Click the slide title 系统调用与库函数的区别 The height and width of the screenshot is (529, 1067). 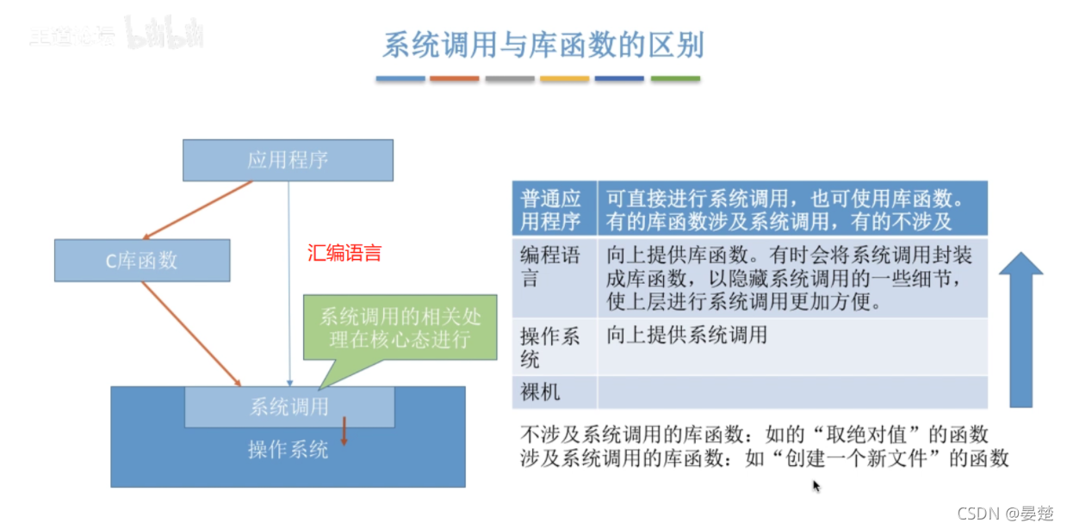(x=543, y=45)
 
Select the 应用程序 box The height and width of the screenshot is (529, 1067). (x=288, y=160)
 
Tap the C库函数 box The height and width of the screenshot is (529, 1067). (x=142, y=261)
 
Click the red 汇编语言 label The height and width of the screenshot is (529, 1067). (x=344, y=253)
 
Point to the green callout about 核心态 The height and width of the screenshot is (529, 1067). (x=400, y=328)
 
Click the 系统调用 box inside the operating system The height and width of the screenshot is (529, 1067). (x=289, y=406)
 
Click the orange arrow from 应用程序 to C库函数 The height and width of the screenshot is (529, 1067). (x=198, y=209)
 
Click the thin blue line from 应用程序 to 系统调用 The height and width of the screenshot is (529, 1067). (x=289, y=284)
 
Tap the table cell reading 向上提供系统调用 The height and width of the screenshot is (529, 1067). (x=686, y=335)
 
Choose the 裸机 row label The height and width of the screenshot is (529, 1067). (x=541, y=391)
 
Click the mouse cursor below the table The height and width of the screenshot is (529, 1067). (x=816, y=486)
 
